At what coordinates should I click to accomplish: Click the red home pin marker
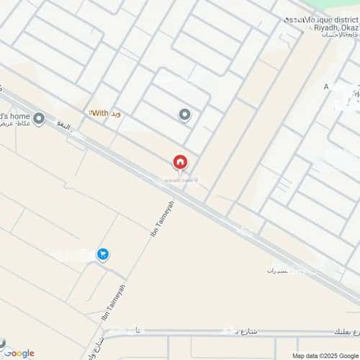tap(179, 163)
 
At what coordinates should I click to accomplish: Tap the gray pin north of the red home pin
tap(184, 114)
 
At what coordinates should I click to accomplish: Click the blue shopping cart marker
tap(102, 254)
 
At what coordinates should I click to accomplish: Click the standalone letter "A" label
tap(326, 86)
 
